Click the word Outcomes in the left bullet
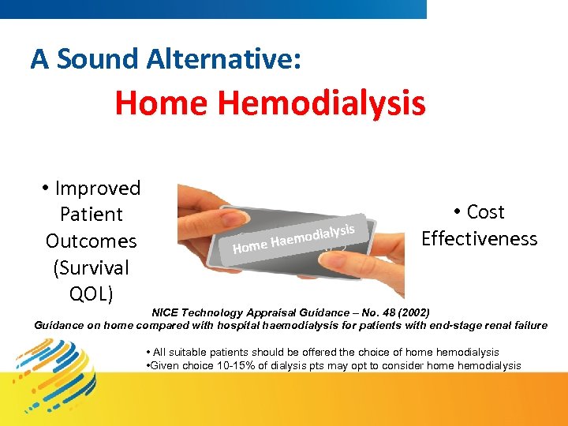pos(91,241)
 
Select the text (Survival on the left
pos(91,267)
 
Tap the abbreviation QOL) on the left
pos(91,294)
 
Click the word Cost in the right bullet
pos(486,212)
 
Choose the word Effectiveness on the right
pos(479,239)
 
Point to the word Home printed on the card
pos(250,248)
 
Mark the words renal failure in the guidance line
pos(514,325)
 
